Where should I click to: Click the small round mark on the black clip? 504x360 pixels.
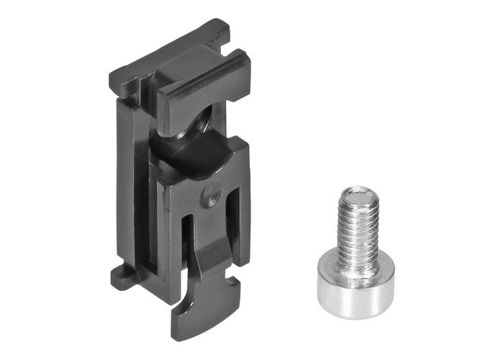pos(210,195)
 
